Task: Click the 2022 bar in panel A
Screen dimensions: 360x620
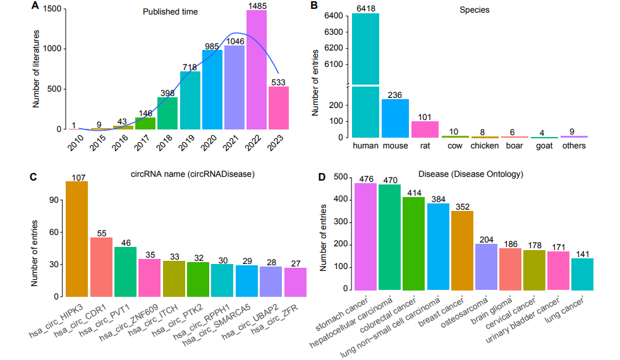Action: pyautogui.click(x=257, y=69)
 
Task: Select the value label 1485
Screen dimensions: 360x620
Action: pyautogui.click(x=257, y=6)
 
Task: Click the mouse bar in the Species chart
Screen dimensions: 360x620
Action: pyautogui.click(x=396, y=118)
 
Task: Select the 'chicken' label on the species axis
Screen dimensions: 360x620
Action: pyautogui.click(x=485, y=146)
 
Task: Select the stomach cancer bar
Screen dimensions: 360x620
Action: pyautogui.click(x=365, y=237)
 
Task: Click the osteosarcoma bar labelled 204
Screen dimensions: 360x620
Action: pyautogui.click(x=485, y=267)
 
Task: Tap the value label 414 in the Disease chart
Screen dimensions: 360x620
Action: pyautogui.click(x=413, y=192)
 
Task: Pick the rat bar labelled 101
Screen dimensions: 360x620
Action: pyautogui.click(x=425, y=129)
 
